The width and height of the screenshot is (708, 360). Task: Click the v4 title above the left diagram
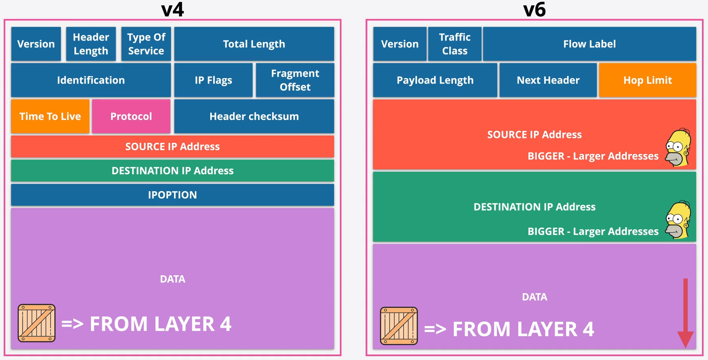point(172,10)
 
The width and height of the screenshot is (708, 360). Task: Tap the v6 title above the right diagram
point(534,10)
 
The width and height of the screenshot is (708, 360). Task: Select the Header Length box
point(91,44)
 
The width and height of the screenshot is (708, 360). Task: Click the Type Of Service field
point(146,44)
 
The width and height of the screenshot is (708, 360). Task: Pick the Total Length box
point(254,44)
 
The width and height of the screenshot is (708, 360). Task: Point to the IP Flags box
point(213,80)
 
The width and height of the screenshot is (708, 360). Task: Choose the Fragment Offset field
point(295,80)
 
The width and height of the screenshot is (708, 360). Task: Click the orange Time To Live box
point(50,116)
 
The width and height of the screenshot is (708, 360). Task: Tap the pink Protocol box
point(131,116)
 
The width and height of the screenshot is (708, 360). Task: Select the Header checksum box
point(254,116)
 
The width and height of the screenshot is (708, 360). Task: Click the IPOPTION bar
point(172,195)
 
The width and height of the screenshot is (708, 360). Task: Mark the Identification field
point(91,80)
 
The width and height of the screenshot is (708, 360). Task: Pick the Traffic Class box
point(454,44)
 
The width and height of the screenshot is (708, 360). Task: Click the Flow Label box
point(589,44)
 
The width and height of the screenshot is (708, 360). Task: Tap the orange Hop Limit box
point(647,80)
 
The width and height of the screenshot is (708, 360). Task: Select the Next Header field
point(548,80)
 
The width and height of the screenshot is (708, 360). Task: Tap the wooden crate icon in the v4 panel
point(37,323)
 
